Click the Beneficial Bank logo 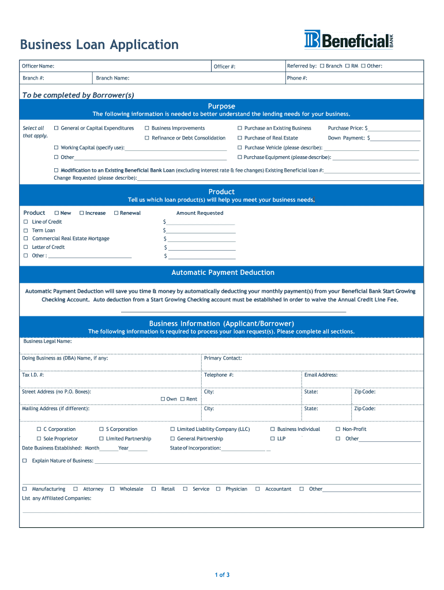tap(349, 40)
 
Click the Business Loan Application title tap(99, 44)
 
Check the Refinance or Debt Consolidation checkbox tap(147, 138)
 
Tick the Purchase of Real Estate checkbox tap(240, 138)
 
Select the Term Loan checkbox tap(25, 230)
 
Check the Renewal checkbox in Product tap(116, 213)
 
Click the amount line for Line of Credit tap(201, 222)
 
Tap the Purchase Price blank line tap(394, 129)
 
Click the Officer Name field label tap(38, 66)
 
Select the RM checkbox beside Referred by tap(347, 66)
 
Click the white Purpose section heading tap(221, 106)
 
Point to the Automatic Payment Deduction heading tap(223, 273)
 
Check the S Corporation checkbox tap(101, 429)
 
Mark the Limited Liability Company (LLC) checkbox tap(172, 429)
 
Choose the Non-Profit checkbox tap(338, 429)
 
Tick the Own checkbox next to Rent tap(163, 399)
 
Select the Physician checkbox tap(219, 489)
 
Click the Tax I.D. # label tap(33, 375)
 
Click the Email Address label tap(321, 375)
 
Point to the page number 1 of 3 tap(222, 574)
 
